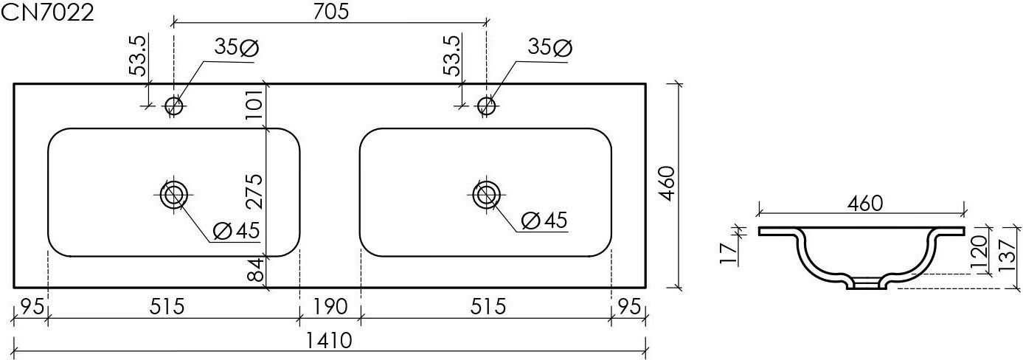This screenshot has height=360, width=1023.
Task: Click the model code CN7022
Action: [x=47, y=13]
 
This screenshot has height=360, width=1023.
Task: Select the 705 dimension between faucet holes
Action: [x=331, y=11]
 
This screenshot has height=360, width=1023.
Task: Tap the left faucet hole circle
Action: [x=173, y=106]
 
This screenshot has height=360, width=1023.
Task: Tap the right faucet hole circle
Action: [x=486, y=106]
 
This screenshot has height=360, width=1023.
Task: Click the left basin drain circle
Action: [x=173, y=195]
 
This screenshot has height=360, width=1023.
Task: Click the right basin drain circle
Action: [x=486, y=195]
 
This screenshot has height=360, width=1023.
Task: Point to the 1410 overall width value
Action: [x=329, y=340]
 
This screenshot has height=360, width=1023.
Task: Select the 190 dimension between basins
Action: [x=330, y=307]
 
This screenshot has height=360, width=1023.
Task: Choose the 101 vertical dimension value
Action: [x=254, y=105]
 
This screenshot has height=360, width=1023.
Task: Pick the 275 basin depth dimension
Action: [x=254, y=191]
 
